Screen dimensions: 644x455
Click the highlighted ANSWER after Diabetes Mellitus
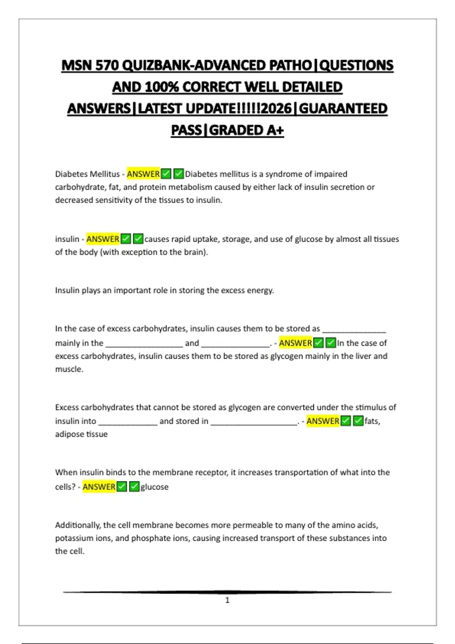143,174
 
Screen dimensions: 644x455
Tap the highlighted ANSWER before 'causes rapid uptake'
103,239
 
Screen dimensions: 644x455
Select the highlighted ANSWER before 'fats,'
323,421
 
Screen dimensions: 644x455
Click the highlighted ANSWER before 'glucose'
99,487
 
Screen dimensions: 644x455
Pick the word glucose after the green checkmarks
154,487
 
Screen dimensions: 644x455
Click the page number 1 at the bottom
227,600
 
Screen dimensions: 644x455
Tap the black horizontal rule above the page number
227,592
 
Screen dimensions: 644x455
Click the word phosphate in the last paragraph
149,538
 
